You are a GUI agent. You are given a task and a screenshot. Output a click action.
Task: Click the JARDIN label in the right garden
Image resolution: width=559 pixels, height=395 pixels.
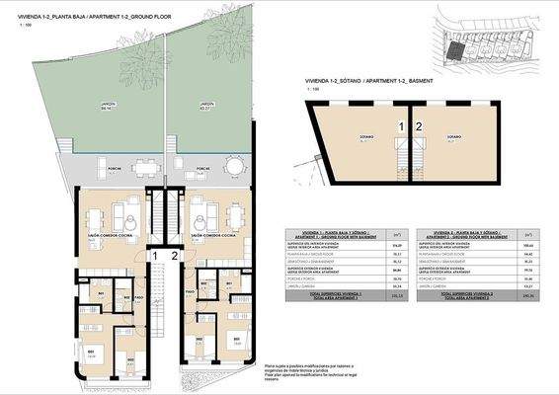click(206, 104)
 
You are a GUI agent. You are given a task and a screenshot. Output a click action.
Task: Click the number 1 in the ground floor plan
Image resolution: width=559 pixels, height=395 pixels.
click(155, 257)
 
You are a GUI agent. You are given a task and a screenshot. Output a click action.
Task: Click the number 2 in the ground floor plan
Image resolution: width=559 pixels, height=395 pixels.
click(175, 257)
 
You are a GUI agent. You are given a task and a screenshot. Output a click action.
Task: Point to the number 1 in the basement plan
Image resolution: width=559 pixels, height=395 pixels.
click(400, 126)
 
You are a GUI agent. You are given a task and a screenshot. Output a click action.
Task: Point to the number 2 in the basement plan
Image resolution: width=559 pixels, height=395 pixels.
click(419, 126)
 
